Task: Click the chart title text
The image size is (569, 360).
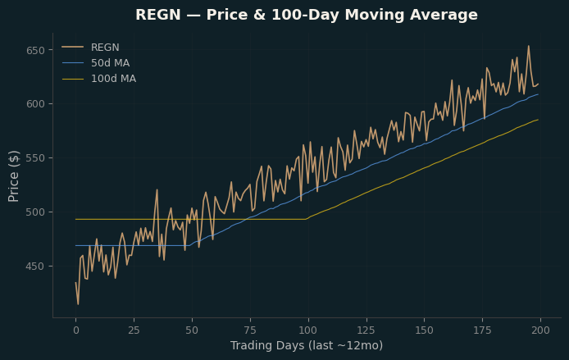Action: click(x=307, y=15)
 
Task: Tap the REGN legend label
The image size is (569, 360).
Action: click(x=105, y=48)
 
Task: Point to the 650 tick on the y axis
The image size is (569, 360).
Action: click(x=35, y=51)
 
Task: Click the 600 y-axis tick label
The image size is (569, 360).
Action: click(x=35, y=104)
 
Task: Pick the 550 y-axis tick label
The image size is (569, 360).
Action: click(x=35, y=158)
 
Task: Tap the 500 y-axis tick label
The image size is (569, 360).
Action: click(x=35, y=212)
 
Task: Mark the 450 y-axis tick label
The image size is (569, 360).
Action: click(x=35, y=267)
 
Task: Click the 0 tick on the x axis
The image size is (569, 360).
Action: click(x=76, y=330)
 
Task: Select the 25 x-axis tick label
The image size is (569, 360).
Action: click(x=134, y=330)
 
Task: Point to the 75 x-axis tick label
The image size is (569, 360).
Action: click(x=250, y=330)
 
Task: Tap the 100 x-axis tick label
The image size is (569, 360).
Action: click(x=308, y=330)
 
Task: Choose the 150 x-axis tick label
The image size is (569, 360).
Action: click(x=424, y=330)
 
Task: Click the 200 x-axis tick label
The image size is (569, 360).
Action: click(x=540, y=330)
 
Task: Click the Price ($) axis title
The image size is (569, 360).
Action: click(x=13, y=176)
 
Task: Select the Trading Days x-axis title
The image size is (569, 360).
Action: click(x=307, y=345)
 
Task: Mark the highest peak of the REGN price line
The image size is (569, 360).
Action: click(x=528, y=46)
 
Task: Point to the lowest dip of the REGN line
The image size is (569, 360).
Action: click(x=78, y=304)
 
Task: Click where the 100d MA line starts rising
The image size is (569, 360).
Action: click(x=307, y=219)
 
